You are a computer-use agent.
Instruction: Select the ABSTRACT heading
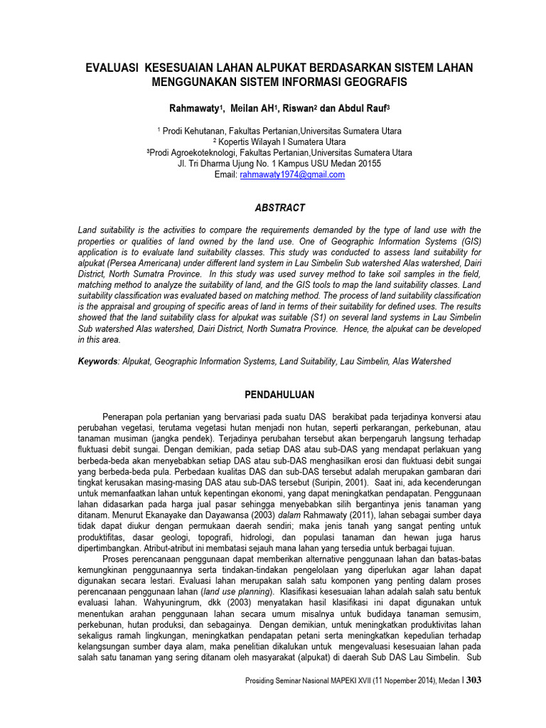tap(279, 208)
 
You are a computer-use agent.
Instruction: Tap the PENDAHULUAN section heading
tap(279, 395)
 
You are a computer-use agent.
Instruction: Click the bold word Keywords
tap(98, 362)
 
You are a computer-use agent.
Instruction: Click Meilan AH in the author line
tap(254, 108)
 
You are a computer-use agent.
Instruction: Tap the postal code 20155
tap(368, 164)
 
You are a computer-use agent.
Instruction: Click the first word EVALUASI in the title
tap(112, 68)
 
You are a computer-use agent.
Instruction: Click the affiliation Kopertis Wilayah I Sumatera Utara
tap(282, 142)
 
